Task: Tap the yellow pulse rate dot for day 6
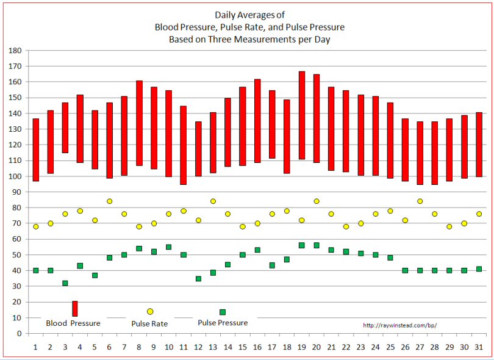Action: [110, 201]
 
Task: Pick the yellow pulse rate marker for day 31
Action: [479, 214]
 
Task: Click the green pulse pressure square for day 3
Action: [65, 283]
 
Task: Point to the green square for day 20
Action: [317, 245]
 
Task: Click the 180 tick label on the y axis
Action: [16, 51]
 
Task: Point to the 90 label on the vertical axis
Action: [18, 192]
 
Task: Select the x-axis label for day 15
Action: [243, 347]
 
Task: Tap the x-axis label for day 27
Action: [420, 347]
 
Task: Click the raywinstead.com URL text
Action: [399, 325]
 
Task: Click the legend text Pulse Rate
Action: [149, 323]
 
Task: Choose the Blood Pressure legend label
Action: [73, 323]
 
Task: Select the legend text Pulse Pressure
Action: [223, 323]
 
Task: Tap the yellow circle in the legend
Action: [150, 312]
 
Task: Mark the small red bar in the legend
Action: [74, 309]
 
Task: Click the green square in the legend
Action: [223, 312]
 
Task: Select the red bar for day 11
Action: [184, 145]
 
